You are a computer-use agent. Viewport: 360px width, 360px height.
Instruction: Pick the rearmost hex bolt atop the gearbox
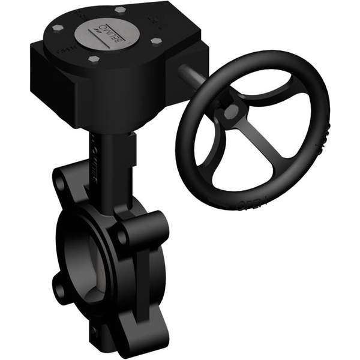point(120,10)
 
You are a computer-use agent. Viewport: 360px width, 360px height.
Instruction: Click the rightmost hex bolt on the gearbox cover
point(157,41)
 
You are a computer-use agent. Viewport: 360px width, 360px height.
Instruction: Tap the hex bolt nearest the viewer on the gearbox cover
point(94,59)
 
